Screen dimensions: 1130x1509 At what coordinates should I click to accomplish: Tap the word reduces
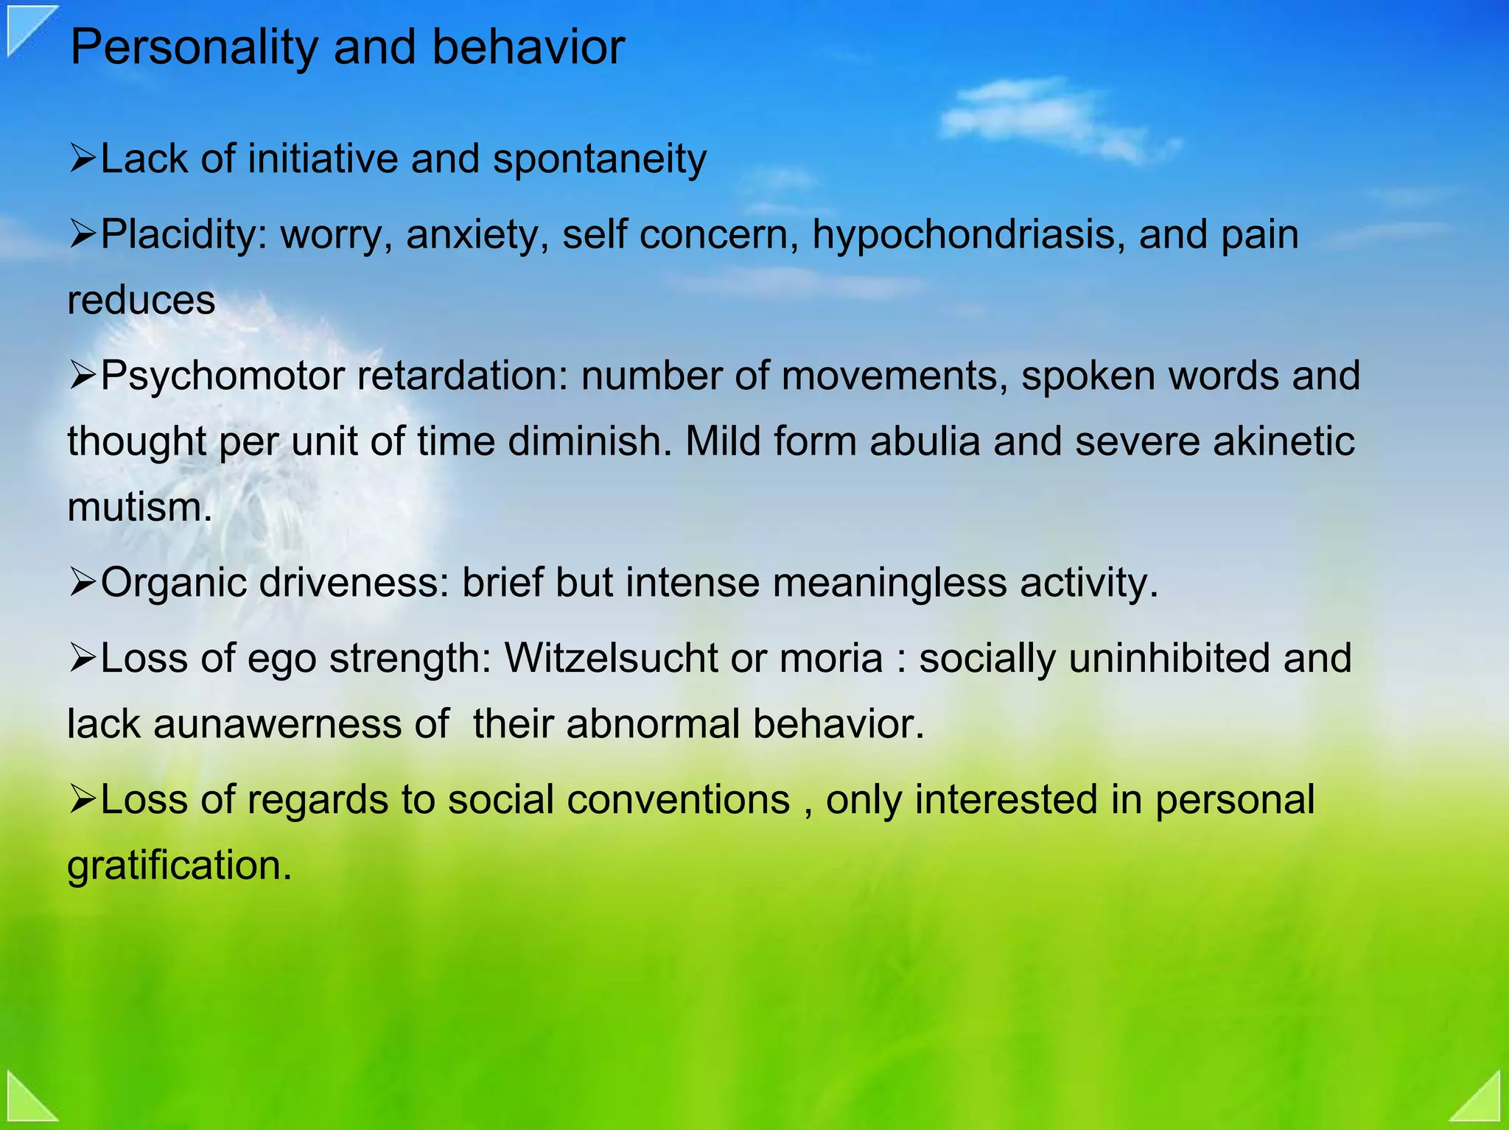(x=141, y=301)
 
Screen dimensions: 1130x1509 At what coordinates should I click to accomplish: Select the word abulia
(x=925, y=442)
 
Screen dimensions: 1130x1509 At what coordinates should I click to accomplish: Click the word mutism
(x=139, y=508)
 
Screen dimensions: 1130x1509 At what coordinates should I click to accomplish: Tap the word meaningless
(x=889, y=583)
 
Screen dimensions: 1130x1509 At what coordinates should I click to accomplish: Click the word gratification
(x=179, y=866)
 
